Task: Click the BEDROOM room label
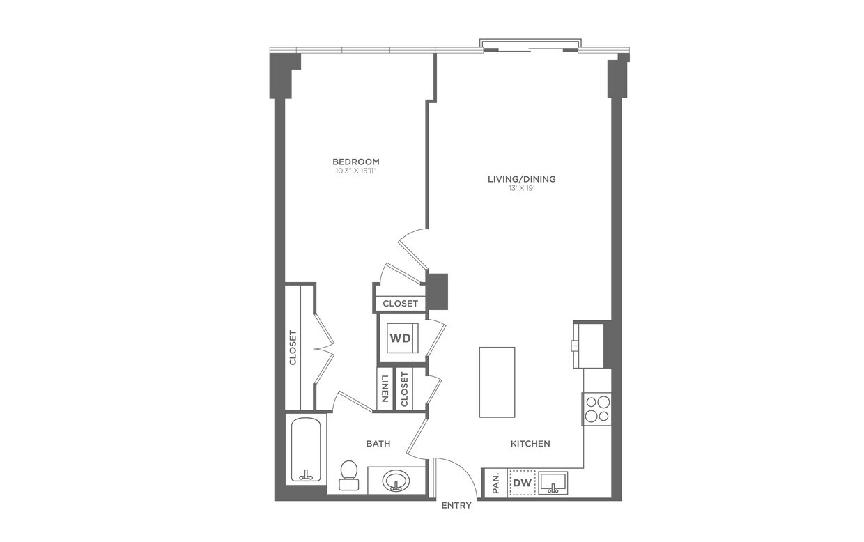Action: [355, 162]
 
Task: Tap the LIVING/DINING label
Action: [521, 179]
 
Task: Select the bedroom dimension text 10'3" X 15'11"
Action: [355, 171]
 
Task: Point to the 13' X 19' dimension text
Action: [521, 188]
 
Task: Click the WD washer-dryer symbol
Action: [400, 339]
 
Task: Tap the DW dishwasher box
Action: [523, 482]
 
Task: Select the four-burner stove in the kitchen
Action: [596, 409]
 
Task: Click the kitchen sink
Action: [553, 482]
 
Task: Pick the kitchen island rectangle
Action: [497, 382]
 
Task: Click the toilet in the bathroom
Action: [348, 474]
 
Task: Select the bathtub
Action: [305, 449]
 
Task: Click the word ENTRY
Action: [456, 505]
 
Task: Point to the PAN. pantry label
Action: [495, 483]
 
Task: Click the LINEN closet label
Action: [384, 390]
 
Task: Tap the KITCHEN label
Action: [530, 444]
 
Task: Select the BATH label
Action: [378, 444]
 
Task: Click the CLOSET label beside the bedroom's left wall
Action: [293, 347]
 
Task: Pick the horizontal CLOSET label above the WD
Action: [401, 304]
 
